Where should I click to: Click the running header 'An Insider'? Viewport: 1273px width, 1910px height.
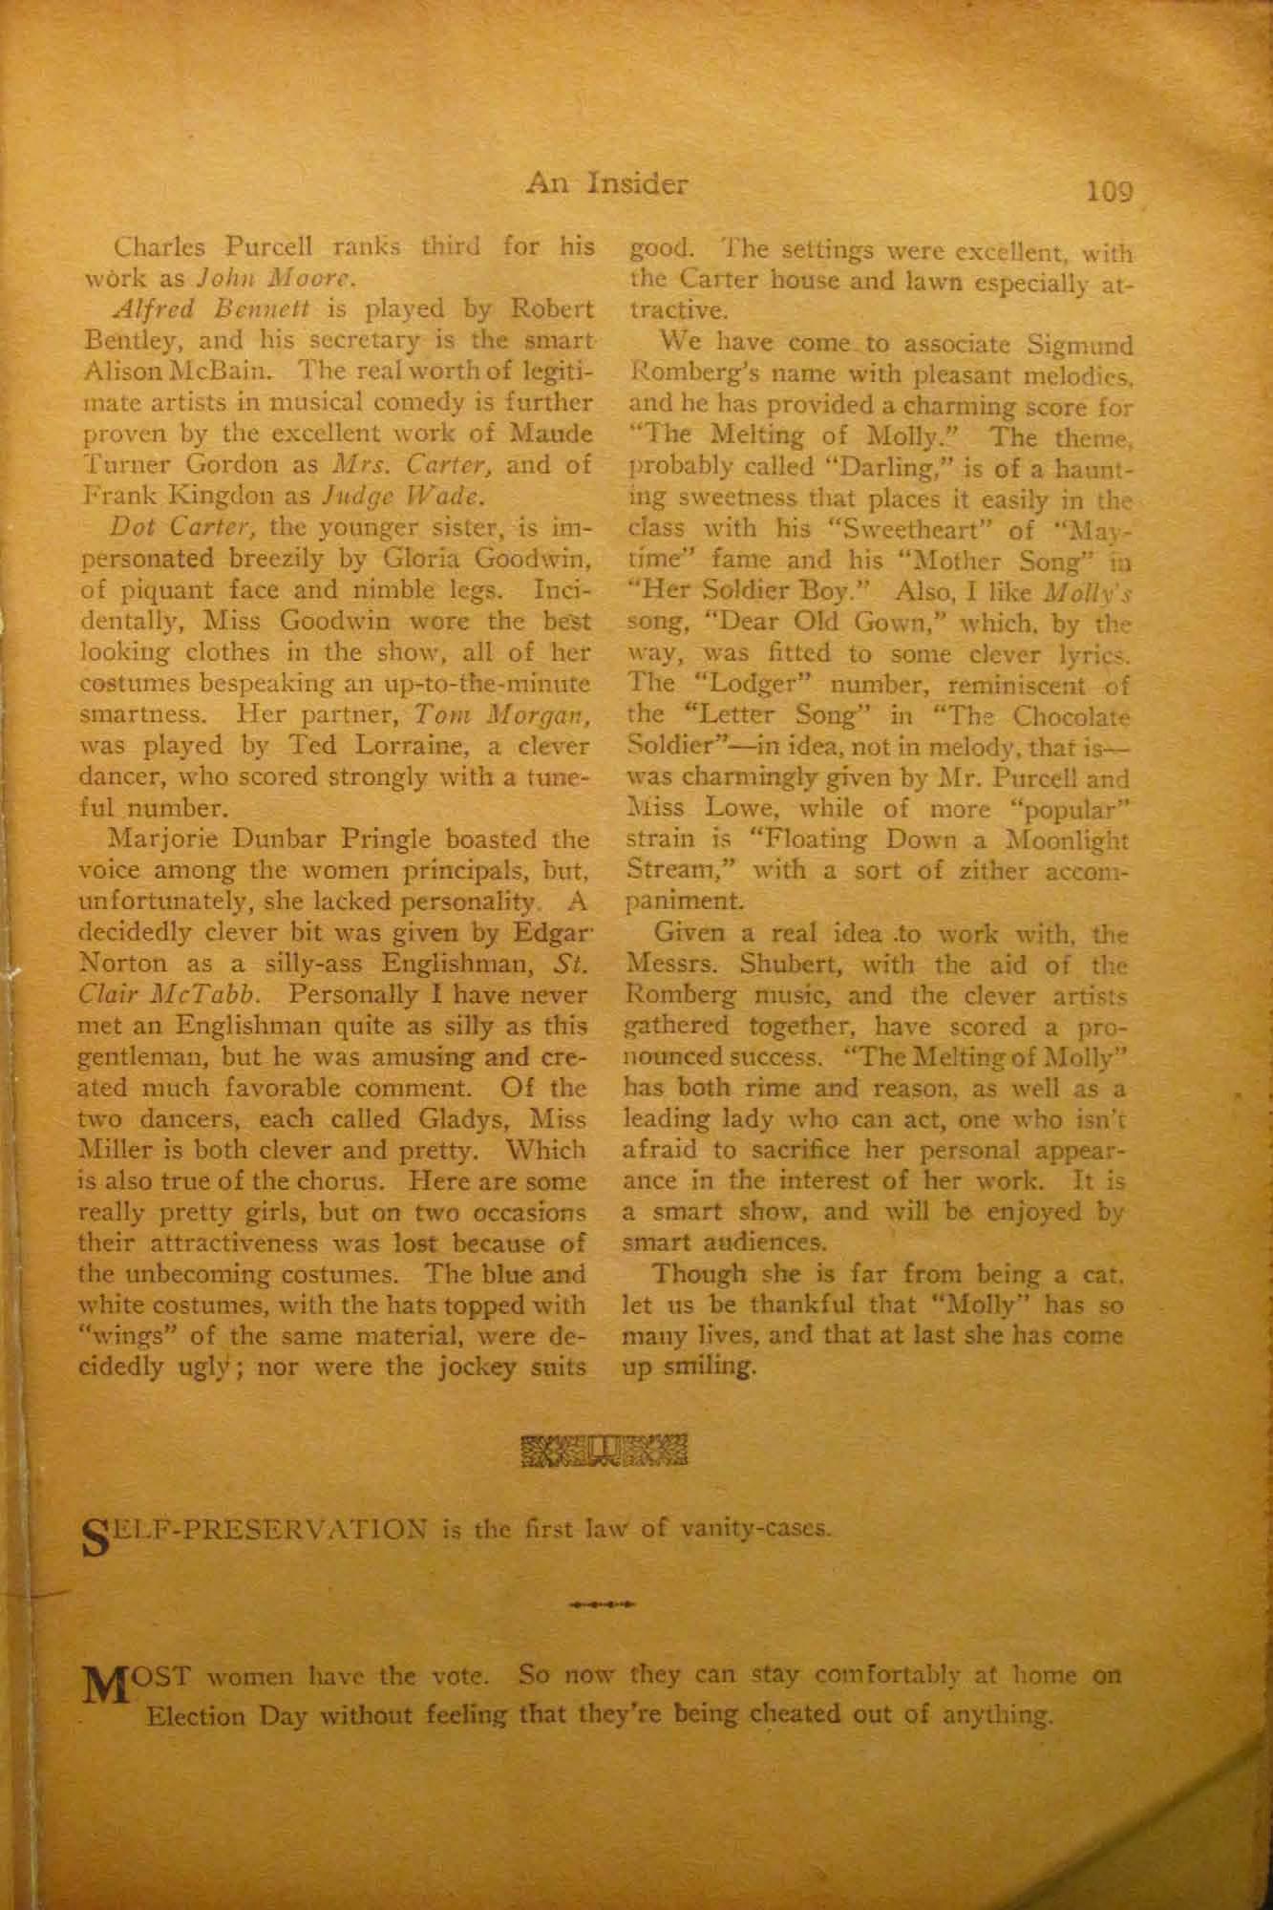tap(606, 181)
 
